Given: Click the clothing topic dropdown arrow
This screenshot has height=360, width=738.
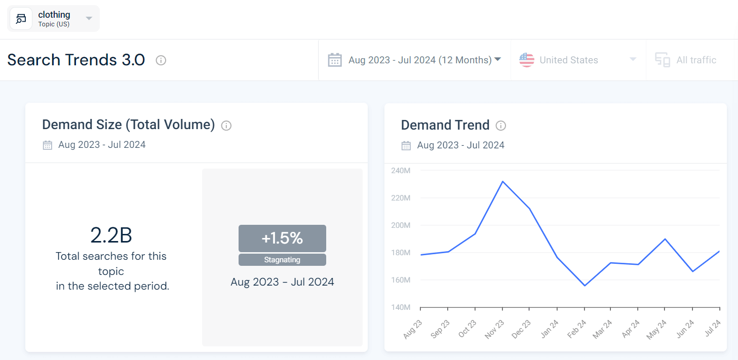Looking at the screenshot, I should (89, 19).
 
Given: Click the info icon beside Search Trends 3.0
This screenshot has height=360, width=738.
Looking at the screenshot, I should (161, 60).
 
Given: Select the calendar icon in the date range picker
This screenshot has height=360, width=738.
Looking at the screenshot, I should (335, 60).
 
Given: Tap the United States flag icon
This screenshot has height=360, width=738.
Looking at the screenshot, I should (527, 60).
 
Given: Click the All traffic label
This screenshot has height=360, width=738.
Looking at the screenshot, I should (696, 60).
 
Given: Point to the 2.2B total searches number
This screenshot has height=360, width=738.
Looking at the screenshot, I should (111, 235).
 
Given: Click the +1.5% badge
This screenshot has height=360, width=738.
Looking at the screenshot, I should (282, 238).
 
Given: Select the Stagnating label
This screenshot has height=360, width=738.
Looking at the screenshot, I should (282, 260).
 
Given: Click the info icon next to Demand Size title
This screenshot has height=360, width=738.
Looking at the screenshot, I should (226, 126).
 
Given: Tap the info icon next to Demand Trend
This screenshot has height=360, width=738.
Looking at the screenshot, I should (501, 126).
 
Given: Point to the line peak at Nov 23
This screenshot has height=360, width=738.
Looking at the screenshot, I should (502, 181).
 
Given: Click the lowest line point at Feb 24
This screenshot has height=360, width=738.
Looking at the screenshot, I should (585, 286).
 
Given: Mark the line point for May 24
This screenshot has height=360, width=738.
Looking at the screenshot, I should (665, 239).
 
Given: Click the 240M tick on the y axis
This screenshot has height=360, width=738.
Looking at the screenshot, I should (401, 171).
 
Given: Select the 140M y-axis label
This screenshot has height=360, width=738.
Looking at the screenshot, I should (401, 307).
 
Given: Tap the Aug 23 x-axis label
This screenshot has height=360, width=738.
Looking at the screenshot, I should (412, 329).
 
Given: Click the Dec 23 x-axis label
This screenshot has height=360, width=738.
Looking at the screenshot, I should (521, 329).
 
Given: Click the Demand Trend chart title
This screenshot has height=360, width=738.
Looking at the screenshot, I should (445, 125).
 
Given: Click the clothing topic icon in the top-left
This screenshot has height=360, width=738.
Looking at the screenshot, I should (21, 19).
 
